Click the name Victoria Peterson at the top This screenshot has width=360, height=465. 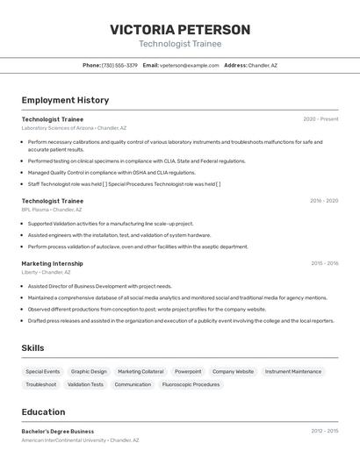[180, 30]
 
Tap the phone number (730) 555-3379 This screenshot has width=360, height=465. [119, 65]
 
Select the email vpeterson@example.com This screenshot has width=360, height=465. [189, 65]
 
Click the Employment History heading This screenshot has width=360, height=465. [65, 100]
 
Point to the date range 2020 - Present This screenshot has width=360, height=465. [320, 119]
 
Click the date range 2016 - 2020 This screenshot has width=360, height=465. [324, 201]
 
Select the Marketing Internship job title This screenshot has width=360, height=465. [53, 263]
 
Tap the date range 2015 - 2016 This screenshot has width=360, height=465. [324, 263]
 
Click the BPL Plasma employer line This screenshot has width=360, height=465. [52, 210]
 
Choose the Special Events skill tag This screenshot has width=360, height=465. [43, 371]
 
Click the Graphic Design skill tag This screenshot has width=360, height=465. [89, 371]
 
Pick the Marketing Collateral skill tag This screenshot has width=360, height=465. [140, 371]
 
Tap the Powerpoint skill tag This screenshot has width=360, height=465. [188, 371]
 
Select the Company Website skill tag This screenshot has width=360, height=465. [233, 371]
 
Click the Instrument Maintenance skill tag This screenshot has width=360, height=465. [293, 371]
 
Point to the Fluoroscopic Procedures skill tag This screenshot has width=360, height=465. [191, 384]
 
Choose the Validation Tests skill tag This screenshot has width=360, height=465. [85, 384]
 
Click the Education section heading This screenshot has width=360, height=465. [43, 411]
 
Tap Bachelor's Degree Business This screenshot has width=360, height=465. [58, 431]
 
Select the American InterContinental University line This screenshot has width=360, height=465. [80, 440]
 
